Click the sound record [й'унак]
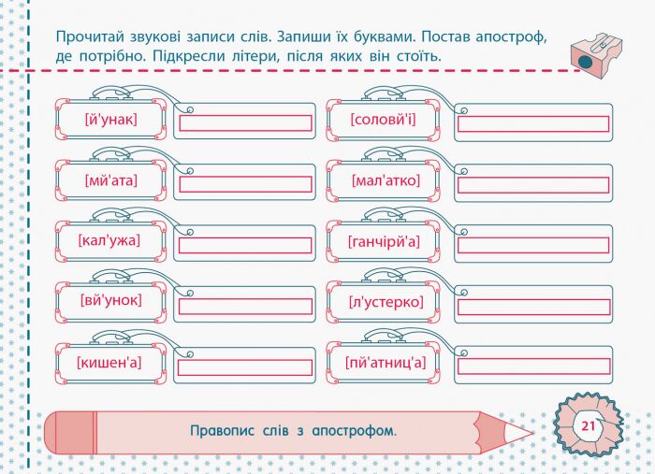[x=110, y=120]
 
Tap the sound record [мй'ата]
[x=110, y=180]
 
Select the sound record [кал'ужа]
[x=110, y=241]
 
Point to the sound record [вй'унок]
[x=110, y=301]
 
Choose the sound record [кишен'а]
[x=110, y=363]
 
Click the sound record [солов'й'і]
[x=384, y=120]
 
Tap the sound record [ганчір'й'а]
[x=384, y=241]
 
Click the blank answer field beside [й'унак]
[x=245, y=123]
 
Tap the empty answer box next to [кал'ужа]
[x=245, y=245]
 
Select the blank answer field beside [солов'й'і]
[x=533, y=123]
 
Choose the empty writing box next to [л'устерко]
[x=533, y=306]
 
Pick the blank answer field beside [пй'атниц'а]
[x=533, y=366]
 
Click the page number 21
[x=588, y=426]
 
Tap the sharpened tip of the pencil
[x=529, y=432]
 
